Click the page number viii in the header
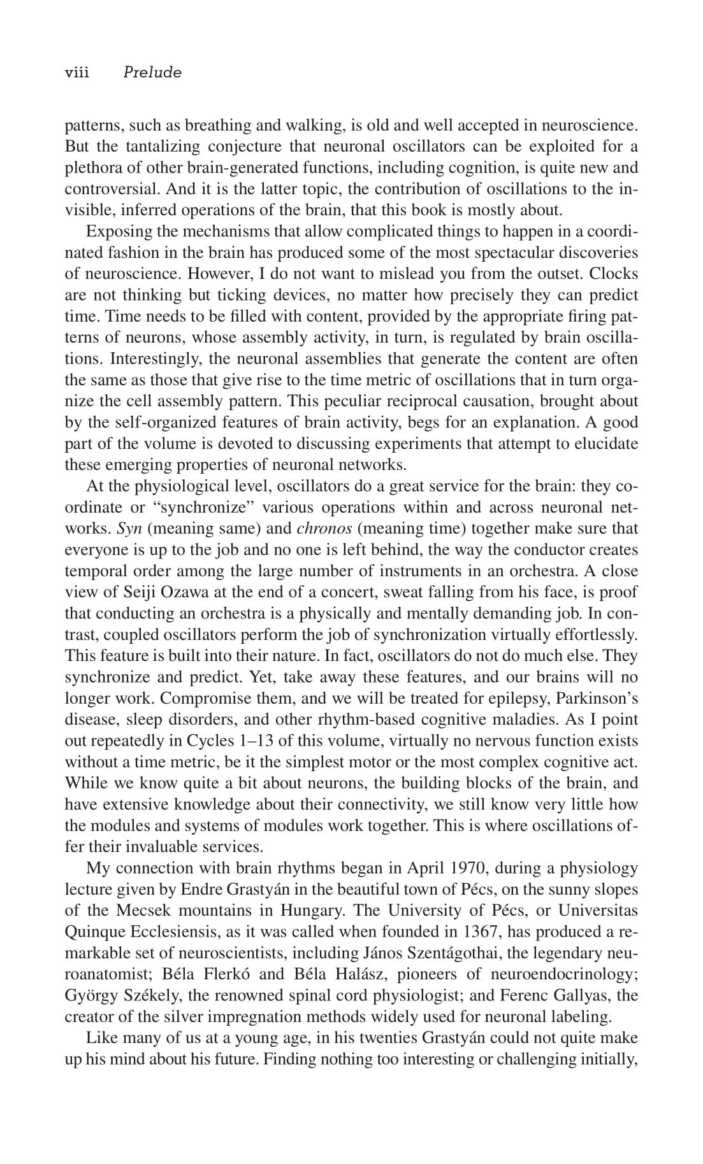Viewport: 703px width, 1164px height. click(x=76, y=73)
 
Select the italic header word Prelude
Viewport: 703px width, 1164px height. click(x=152, y=73)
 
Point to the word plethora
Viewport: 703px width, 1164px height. click(x=91, y=168)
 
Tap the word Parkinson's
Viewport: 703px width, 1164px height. click(x=597, y=699)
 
